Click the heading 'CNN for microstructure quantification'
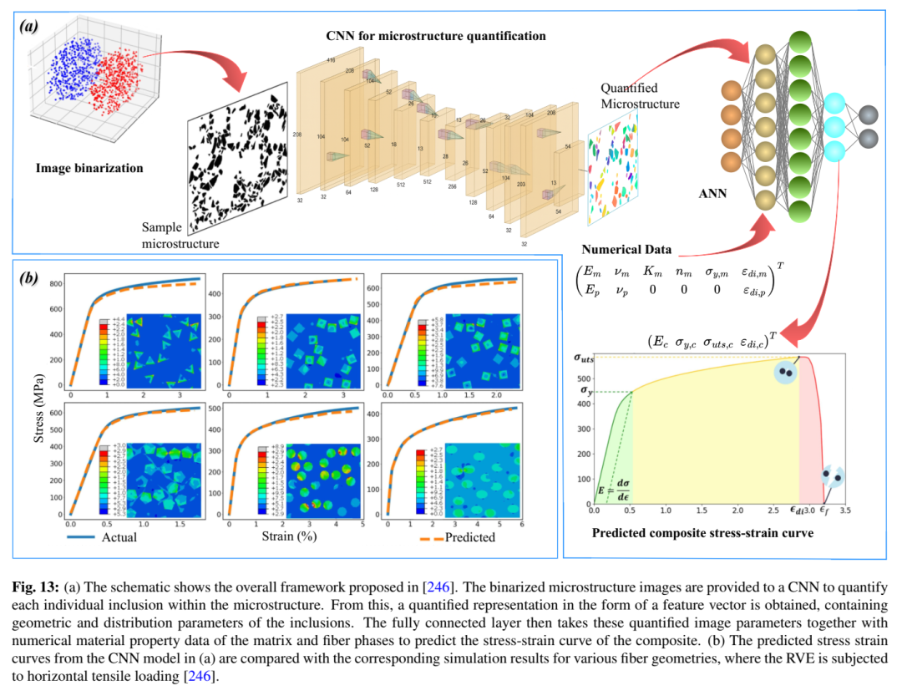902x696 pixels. click(x=436, y=36)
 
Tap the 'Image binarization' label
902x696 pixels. click(x=89, y=168)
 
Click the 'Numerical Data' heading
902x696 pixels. click(x=626, y=250)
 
